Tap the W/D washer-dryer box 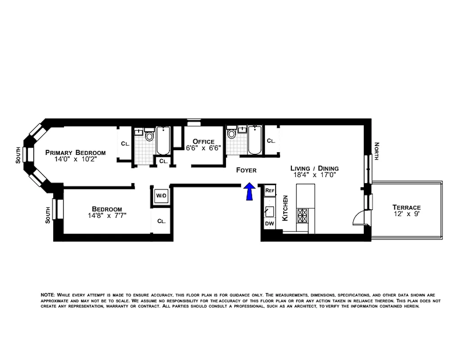click(x=161, y=196)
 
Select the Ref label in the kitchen click(x=270, y=191)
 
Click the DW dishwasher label click(x=269, y=224)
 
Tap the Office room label click(x=204, y=142)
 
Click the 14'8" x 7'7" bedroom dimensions click(x=107, y=215)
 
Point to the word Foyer click(x=246, y=170)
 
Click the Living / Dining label click(x=313, y=168)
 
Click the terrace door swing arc click(x=358, y=218)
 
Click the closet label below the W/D click(x=161, y=221)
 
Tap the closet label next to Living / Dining click(x=271, y=141)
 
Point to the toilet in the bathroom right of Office click(x=232, y=134)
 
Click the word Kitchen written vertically click(x=285, y=208)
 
